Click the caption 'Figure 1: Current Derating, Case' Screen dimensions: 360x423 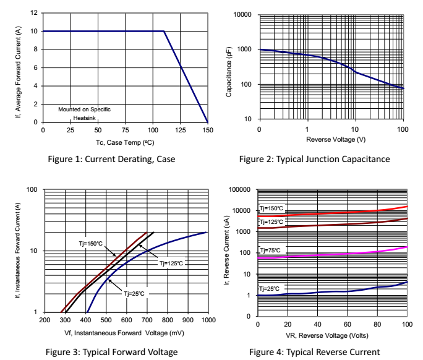pyautogui.click(x=111, y=159)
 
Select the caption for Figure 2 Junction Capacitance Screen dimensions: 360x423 pyautogui.click(x=314, y=159)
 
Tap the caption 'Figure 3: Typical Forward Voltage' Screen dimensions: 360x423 pyautogui.click(x=111, y=352)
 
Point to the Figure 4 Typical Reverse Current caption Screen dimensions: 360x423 pyautogui.click(x=314, y=352)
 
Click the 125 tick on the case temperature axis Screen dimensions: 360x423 pyautogui.click(x=180, y=131)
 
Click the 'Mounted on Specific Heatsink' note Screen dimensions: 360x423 pyautogui.click(x=85, y=113)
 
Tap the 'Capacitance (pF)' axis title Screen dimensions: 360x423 pyautogui.click(x=230, y=66)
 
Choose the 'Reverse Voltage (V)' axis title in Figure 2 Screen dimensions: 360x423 pyautogui.click(x=331, y=139)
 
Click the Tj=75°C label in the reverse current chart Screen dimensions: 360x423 pyautogui.click(x=269, y=251)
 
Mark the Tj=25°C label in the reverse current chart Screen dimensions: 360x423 pyautogui.click(x=269, y=289)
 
